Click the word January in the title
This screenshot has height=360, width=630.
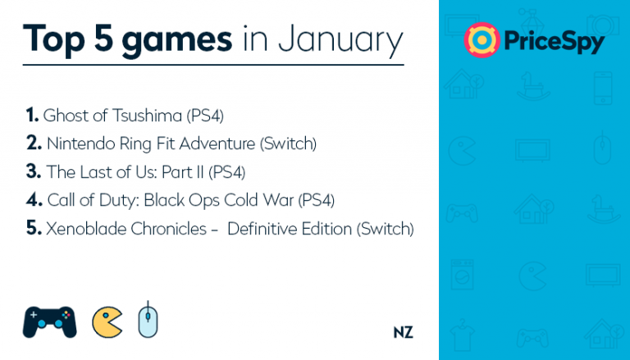[x=340, y=40]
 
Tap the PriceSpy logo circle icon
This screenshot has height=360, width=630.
[x=482, y=40]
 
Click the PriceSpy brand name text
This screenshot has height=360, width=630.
[x=554, y=42]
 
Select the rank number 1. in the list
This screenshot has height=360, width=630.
[x=32, y=115]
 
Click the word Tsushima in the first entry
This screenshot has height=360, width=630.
[x=147, y=116]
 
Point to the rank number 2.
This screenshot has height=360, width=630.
[x=34, y=143]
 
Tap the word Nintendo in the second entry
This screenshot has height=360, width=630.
[x=81, y=144]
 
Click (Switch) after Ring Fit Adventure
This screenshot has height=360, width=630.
[x=288, y=144]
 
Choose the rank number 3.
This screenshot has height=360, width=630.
[x=34, y=171]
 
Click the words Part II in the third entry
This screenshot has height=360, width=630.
[x=182, y=172]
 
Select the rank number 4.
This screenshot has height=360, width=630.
[x=34, y=200]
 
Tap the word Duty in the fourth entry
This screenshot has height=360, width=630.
[x=119, y=200]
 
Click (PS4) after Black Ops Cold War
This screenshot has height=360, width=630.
[x=316, y=200]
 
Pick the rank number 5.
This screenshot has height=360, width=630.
[x=34, y=228]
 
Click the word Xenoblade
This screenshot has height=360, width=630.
[x=86, y=229]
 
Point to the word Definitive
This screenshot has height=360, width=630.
[x=262, y=229]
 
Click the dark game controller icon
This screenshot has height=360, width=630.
[x=49, y=322]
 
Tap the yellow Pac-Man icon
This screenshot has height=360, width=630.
[x=107, y=322]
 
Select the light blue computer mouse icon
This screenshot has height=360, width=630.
[x=148, y=319]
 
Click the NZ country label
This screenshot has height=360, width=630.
[x=403, y=332]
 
